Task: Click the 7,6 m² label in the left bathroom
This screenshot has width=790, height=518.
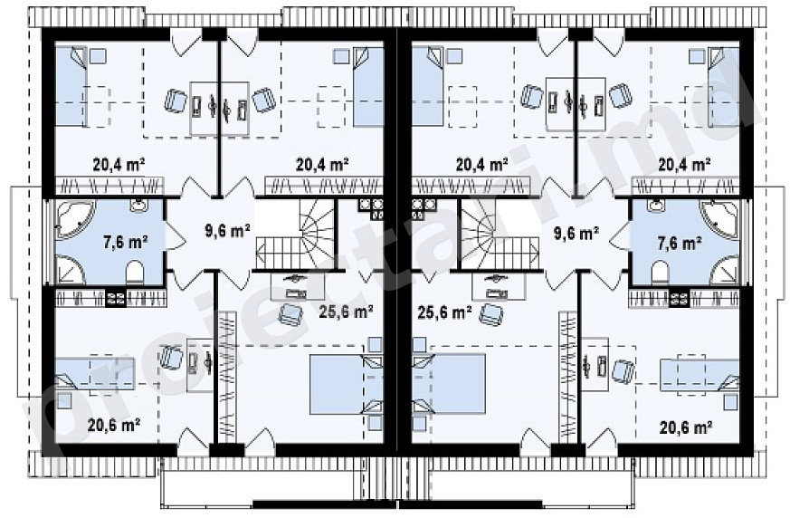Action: click(x=125, y=243)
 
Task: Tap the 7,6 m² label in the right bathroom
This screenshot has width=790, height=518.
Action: click(x=681, y=243)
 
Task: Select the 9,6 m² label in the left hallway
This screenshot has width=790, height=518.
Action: click(x=228, y=231)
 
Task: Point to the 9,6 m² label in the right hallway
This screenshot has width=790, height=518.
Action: click(x=576, y=234)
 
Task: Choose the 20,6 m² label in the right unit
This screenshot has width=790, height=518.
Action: click(x=685, y=427)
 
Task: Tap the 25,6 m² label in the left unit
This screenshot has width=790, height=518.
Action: click(x=346, y=312)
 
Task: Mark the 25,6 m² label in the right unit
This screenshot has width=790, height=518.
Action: click(x=444, y=312)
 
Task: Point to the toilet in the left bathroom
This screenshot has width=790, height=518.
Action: click(x=135, y=272)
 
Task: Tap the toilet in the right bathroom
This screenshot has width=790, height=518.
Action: click(x=660, y=273)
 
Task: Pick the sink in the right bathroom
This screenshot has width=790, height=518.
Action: click(x=656, y=205)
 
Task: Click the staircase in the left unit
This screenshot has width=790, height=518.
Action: click(x=296, y=235)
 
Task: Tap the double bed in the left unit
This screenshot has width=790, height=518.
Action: click(x=346, y=384)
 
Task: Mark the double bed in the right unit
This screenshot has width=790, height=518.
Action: click(x=449, y=384)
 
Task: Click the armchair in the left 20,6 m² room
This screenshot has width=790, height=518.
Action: click(x=171, y=357)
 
